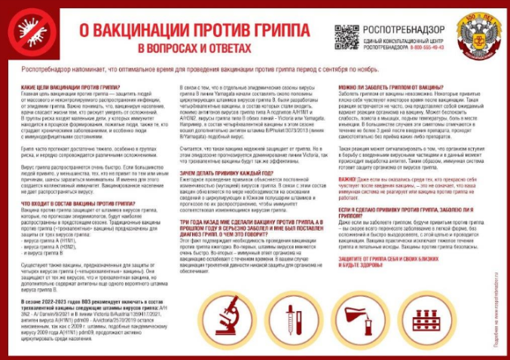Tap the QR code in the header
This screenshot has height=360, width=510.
click(x=347, y=37)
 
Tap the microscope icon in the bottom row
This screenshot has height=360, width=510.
click(x=231, y=311)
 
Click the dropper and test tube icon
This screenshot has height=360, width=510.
click(x=295, y=311)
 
